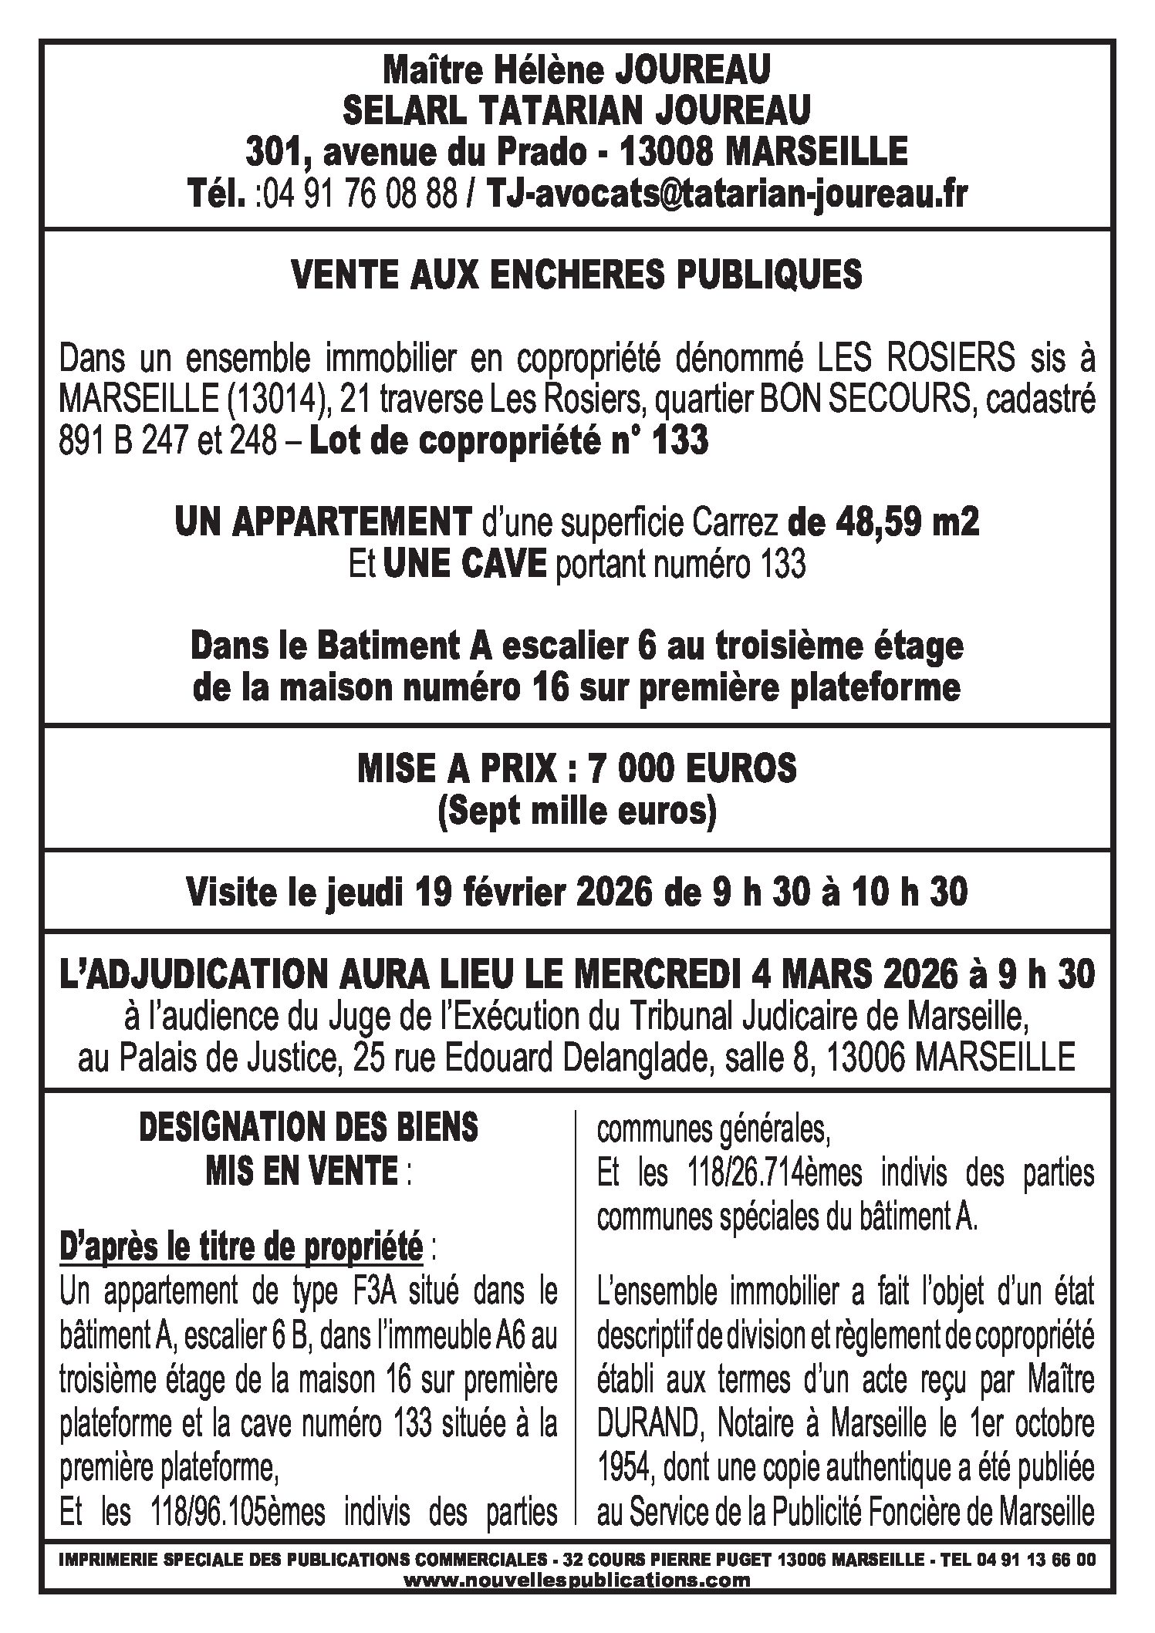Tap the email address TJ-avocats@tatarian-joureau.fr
click(725, 194)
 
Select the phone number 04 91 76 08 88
click(356, 194)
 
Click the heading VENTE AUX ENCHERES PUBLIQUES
click(577, 275)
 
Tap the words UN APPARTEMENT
click(322, 524)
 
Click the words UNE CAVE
click(464, 565)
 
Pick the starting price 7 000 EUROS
click(691, 770)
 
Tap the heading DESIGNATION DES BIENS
click(308, 1129)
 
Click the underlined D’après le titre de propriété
click(241, 1248)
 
